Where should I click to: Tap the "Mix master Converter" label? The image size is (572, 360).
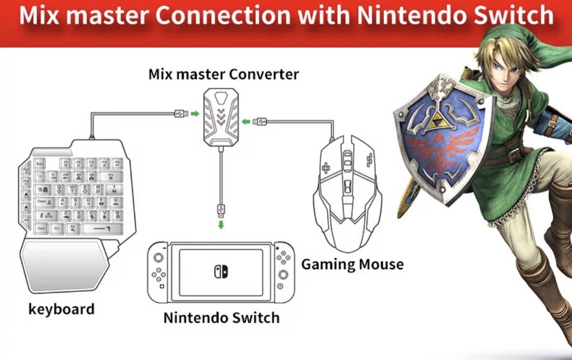[224, 74]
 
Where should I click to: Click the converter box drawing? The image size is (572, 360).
[220, 116]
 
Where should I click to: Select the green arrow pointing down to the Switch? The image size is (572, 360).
[221, 225]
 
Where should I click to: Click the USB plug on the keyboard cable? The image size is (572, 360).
[181, 113]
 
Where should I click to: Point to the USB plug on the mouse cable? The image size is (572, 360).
[261, 122]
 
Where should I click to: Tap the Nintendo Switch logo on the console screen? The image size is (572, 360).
[221, 271]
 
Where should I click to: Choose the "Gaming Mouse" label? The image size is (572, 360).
[352, 264]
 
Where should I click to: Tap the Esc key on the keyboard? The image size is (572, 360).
[40, 164]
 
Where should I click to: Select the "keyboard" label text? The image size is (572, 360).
[61, 309]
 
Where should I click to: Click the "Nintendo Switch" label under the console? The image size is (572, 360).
[221, 318]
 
